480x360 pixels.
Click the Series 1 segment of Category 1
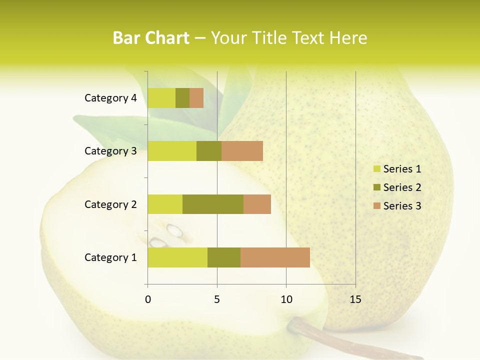point(177,257)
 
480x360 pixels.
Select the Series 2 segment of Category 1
point(224,257)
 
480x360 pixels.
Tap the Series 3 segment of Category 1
point(275,257)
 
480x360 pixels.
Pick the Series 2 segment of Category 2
point(213,204)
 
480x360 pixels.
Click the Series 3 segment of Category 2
point(257,204)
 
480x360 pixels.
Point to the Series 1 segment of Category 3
point(172,151)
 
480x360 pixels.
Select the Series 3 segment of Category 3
point(242,151)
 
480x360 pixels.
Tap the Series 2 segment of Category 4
point(182,98)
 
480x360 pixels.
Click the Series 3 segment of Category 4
point(196,98)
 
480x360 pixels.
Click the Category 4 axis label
point(110,98)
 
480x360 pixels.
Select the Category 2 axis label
point(110,204)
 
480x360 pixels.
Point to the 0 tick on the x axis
point(148,299)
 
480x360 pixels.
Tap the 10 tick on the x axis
point(286,299)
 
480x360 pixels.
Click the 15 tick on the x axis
point(355,299)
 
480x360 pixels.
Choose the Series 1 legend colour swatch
point(376,169)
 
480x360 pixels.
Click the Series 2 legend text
point(402,187)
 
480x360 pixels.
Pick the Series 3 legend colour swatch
point(376,206)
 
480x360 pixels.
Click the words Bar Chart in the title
point(151,38)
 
